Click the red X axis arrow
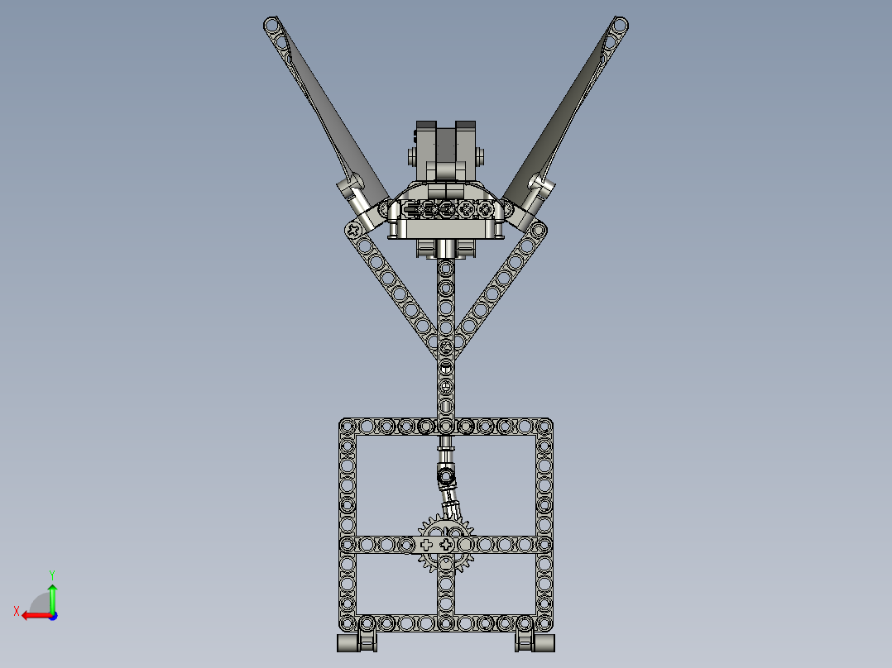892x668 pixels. coord(33,615)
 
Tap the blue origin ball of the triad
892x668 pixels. coord(52,615)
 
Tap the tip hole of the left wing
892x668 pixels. coord(272,25)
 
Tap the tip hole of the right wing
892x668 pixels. coord(619,25)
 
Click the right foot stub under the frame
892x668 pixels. coord(535,643)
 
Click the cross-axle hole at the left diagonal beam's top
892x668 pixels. coord(354,229)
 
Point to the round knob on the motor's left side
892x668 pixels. coord(411,155)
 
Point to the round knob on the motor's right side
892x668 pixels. coord(482,155)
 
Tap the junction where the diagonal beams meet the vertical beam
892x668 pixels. coord(446,347)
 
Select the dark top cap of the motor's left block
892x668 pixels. coord(426,125)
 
